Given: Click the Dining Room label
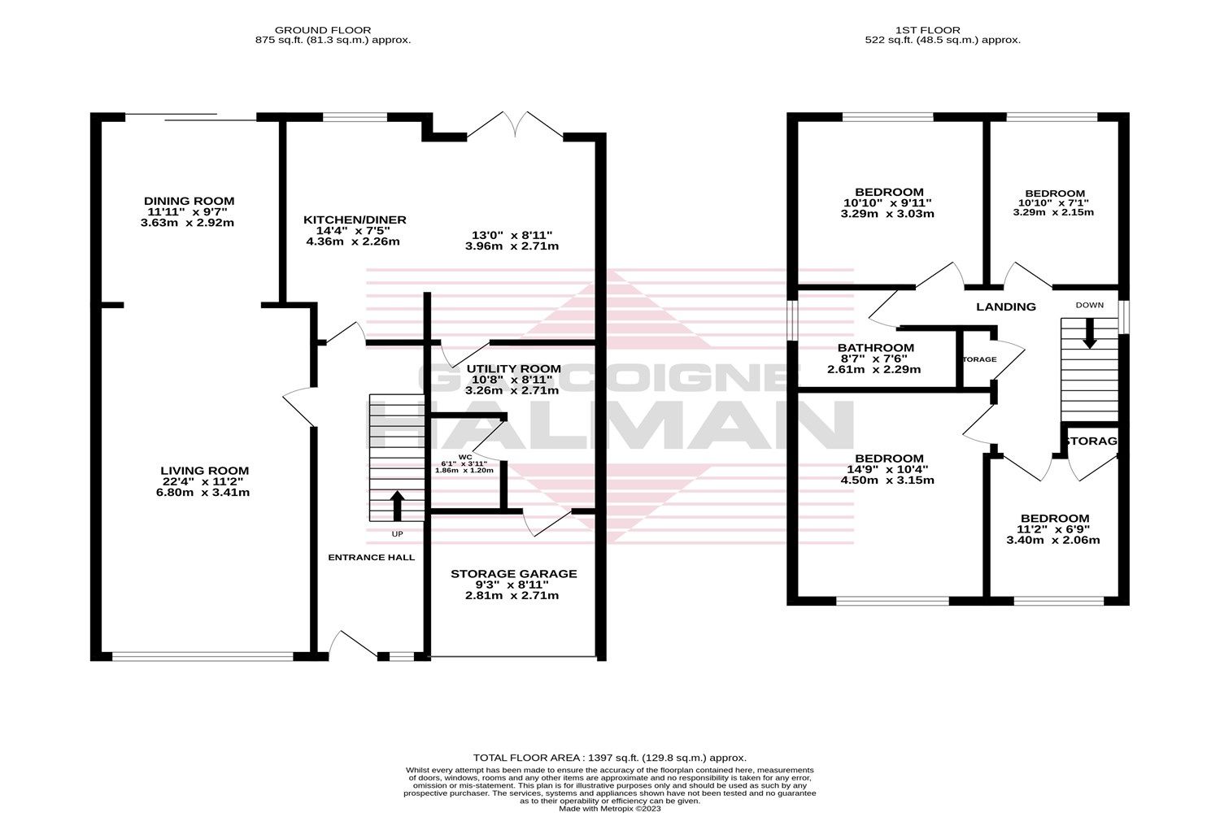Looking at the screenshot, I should (189, 201).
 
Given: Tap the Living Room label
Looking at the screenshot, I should (204, 471).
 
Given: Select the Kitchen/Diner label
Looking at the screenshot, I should (355, 220).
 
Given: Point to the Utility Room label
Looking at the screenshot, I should (513, 369).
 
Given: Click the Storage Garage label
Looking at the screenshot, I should (513, 574).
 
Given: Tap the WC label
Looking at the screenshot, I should (465, 456).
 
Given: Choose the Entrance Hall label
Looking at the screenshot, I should (371, 558).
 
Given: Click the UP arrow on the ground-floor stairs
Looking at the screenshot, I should (398, 506).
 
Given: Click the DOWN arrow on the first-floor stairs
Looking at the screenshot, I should (1089, 332).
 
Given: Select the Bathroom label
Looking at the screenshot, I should (875, 348).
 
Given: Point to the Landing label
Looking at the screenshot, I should (1006, 307).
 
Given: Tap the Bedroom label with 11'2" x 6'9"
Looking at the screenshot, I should (1054, 519).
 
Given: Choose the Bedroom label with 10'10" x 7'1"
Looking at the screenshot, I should (1054, 193).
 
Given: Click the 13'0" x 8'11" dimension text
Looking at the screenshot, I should (511, 235).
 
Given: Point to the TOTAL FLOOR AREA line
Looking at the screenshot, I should (609, 758).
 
